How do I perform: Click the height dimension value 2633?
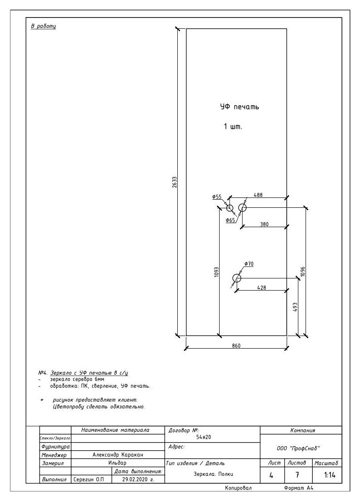click(175, 182)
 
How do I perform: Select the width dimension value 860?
click(236, 346)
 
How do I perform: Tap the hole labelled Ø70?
click(237, 278)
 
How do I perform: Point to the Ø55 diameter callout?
click(216, 197)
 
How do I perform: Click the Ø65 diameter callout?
click(230, 220)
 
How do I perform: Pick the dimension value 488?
click(258, 195)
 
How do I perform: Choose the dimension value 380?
click(265, 224)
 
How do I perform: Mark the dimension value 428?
click(261, 287)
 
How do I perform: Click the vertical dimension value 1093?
click(216, 272)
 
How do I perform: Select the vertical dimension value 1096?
click(303, 272)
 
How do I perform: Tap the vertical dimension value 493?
click(295, 307)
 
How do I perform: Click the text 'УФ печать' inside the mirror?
click(239, 107)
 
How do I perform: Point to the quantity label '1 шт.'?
click(233, 127)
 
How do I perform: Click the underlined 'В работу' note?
click(43, 26)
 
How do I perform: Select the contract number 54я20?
click(203, 437)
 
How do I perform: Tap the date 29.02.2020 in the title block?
click(138, 480)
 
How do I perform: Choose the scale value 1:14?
click(329, 475)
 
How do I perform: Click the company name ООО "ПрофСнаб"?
click(298, 448)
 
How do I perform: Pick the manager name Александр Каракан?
click(118, 455)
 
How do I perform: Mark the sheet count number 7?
click(297, 475)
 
